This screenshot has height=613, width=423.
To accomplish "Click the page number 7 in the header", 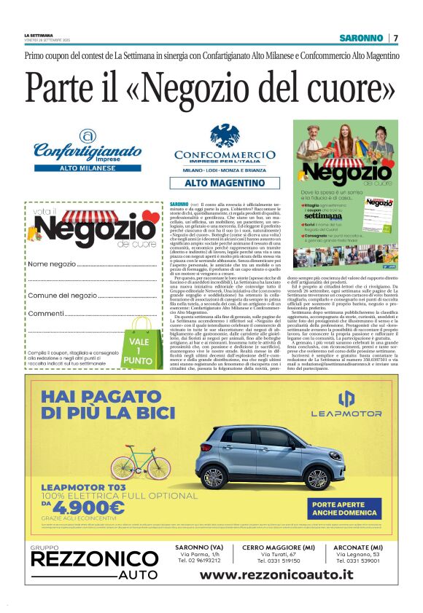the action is click(395, 38).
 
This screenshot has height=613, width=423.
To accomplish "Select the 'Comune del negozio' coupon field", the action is click(62, 295).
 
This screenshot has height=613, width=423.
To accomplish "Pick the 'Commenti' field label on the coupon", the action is click(46, 313).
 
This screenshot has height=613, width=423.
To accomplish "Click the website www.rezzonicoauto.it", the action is click(276, 574).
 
